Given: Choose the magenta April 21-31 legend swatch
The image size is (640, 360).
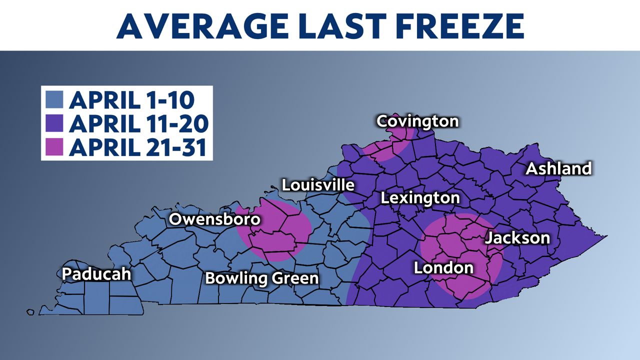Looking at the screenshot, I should (x=54, y=147).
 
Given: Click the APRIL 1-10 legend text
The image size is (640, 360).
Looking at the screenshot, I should (x=131, y=100).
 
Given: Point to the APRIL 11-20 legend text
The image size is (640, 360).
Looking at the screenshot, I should (x=138, y=123).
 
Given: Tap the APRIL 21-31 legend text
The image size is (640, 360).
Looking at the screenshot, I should (x=137, y=147).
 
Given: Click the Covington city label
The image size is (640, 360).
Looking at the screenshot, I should (x=417, y=121).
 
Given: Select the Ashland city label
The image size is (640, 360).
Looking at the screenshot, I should (x=558, y=168).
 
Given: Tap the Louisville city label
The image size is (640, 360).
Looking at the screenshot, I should (x=318, y=185).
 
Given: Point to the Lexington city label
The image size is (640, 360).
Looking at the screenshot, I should (x=420, y=198).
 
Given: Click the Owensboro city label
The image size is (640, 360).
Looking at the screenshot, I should (x=214, y=219).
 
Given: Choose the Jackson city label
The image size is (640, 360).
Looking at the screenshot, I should (x=517, y=237).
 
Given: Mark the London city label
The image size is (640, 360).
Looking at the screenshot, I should (x=443, y=268).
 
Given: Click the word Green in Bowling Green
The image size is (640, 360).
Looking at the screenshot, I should (x=295, y=278).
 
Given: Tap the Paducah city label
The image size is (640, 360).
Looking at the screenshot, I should (x=96, y=274).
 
